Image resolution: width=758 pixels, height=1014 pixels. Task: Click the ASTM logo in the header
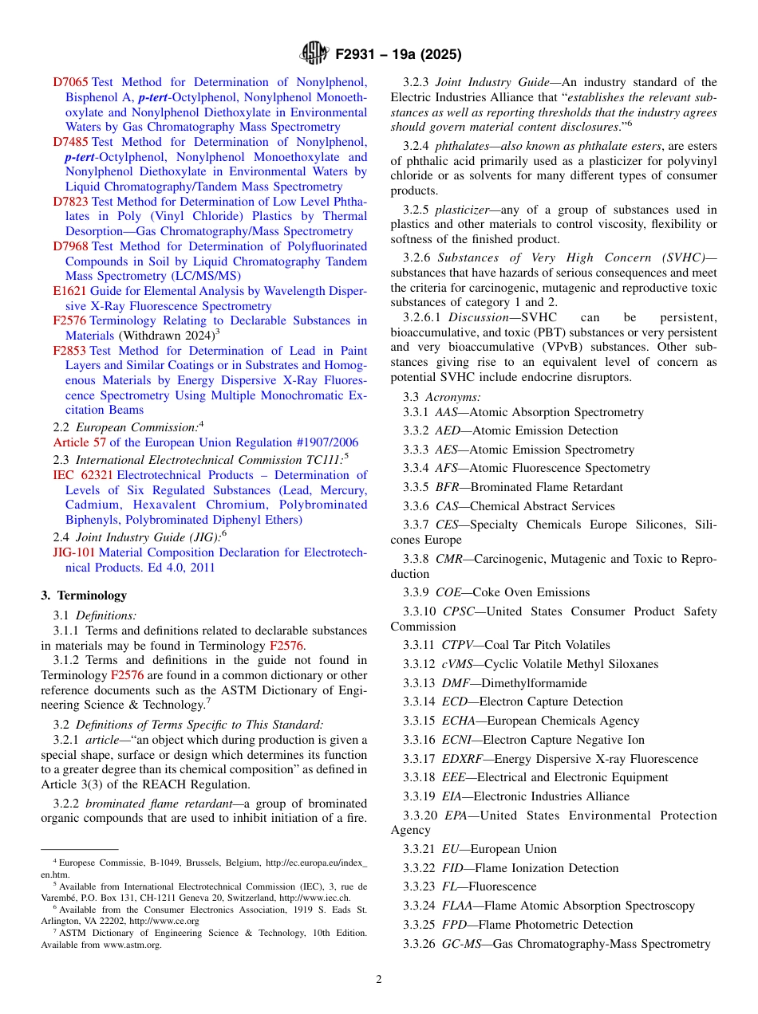tap(314, 54)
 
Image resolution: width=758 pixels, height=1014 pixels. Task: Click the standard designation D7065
tap(71, 82)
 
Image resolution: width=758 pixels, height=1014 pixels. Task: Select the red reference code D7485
tap(71, 142)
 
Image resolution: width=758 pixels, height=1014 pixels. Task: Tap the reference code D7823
tap(71, 202)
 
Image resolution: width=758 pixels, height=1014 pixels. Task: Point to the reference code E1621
tap(69, 291)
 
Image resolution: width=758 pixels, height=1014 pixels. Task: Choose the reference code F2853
tap(69, 351)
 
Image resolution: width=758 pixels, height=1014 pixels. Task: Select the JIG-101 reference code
tap(73, 552)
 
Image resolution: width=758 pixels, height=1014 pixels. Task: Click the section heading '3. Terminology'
tap(84, 595)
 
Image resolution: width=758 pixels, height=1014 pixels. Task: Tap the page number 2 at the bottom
tap(379, 980)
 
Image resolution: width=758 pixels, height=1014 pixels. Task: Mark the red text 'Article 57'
tap(79, 442)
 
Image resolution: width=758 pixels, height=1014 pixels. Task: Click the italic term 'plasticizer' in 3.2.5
tap(461, 210)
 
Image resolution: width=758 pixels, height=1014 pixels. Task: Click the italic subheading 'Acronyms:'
tap(452, 396)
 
